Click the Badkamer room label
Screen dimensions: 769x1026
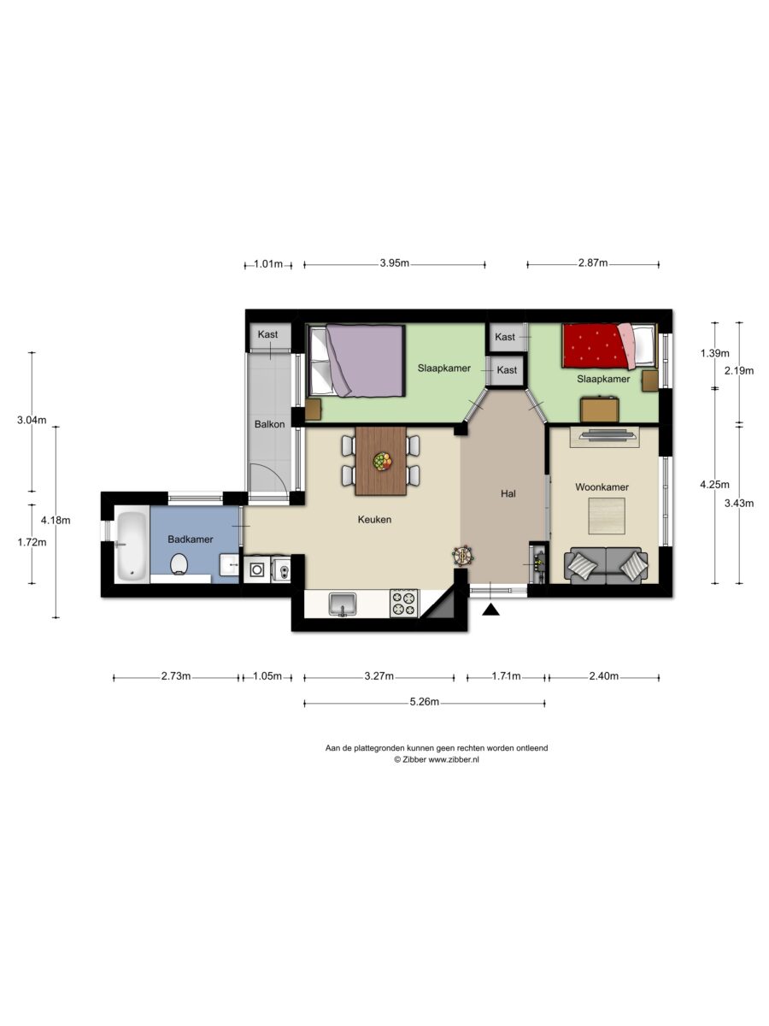click(190, 539)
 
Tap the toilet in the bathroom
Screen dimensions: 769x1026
click(179, 563)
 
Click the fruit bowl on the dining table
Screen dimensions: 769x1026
click(382, 462)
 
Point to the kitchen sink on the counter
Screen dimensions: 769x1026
click(343, 604)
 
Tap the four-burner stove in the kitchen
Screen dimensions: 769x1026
click(404, 604)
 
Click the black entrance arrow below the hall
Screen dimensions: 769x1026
click(490, 610)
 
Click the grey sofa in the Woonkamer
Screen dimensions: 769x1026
click(606, 566)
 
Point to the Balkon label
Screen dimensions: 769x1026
click(269, 424)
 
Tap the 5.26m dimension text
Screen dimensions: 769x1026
click(425, 702)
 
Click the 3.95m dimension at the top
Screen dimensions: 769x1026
click(395, 263)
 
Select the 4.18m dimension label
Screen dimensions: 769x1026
click(56, 520)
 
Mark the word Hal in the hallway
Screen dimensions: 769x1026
click(508, 493)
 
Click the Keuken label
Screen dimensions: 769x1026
click(374, 519)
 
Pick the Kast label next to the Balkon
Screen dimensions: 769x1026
click(267, 334)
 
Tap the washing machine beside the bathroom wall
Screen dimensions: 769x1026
click(256, 569)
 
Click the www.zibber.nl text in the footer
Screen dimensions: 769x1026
click(454, 759)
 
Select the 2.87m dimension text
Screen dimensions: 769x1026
click(593, 263)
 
